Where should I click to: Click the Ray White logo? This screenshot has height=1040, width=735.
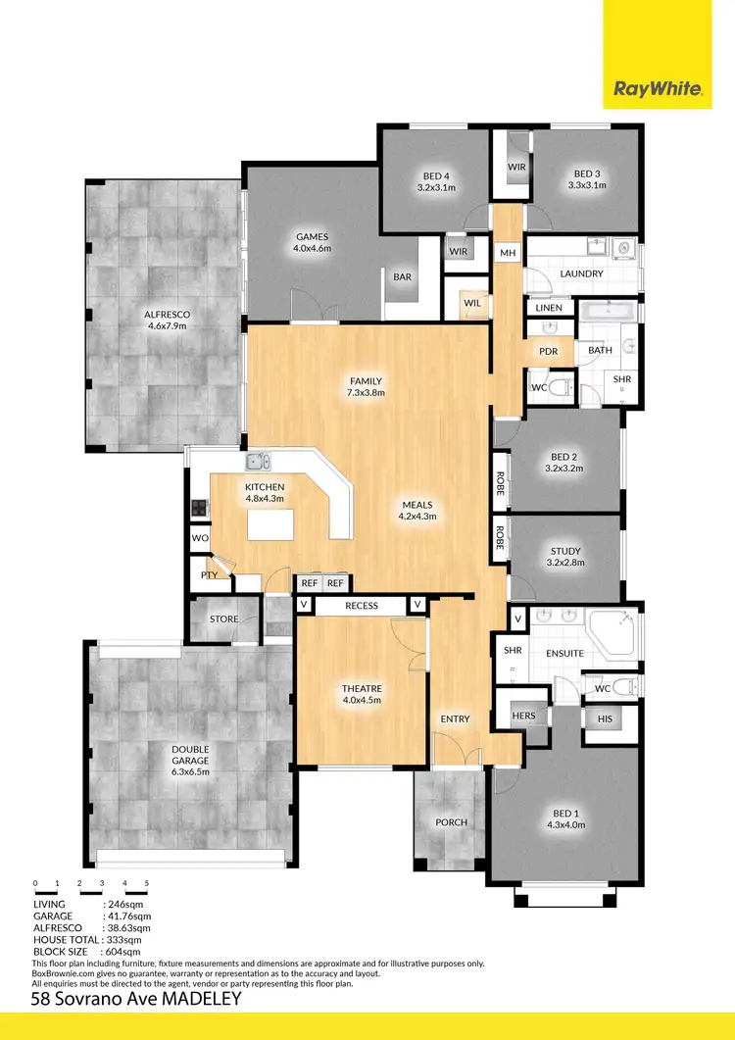(658, 90)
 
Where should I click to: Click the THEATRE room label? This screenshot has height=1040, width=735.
(362, 693)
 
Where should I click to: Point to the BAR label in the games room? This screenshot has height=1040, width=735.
(402, 277)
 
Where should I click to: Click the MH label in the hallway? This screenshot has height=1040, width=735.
(508, 254)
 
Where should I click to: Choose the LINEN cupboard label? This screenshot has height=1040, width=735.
(549, 308)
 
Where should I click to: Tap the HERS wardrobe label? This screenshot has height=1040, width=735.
(524, 716)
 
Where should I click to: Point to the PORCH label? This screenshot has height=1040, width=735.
(452, 821)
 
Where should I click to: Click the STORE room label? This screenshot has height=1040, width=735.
(223, 619)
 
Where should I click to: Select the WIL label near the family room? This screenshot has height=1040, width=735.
(472, 303)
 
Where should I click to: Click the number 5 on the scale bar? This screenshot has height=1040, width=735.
(147, 884)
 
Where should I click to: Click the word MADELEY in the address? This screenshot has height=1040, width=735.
(174, 1000)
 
